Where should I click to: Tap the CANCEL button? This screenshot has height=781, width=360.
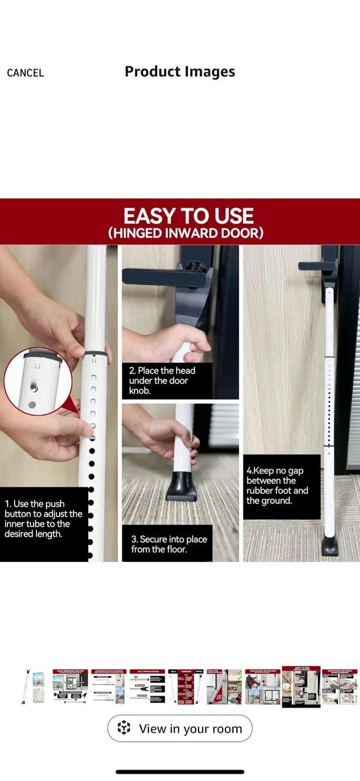coord(25,73)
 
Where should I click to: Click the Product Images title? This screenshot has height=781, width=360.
coord(180,72)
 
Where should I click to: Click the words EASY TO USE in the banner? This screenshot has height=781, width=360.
coord(188,216)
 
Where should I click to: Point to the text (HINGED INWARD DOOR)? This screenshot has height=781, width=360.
coord(185,233)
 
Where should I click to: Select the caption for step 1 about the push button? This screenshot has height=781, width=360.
coord(43,519)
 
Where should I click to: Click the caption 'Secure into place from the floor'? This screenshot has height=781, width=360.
coord(169,544)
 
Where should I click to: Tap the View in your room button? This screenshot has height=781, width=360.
coord(180,728)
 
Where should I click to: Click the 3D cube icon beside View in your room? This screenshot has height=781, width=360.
coord(124,728)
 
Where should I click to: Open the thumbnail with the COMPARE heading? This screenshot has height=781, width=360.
coord(186,687)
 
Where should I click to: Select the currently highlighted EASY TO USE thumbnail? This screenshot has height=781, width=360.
coord(301,687)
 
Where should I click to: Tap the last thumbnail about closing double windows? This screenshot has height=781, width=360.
coord(339,687)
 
